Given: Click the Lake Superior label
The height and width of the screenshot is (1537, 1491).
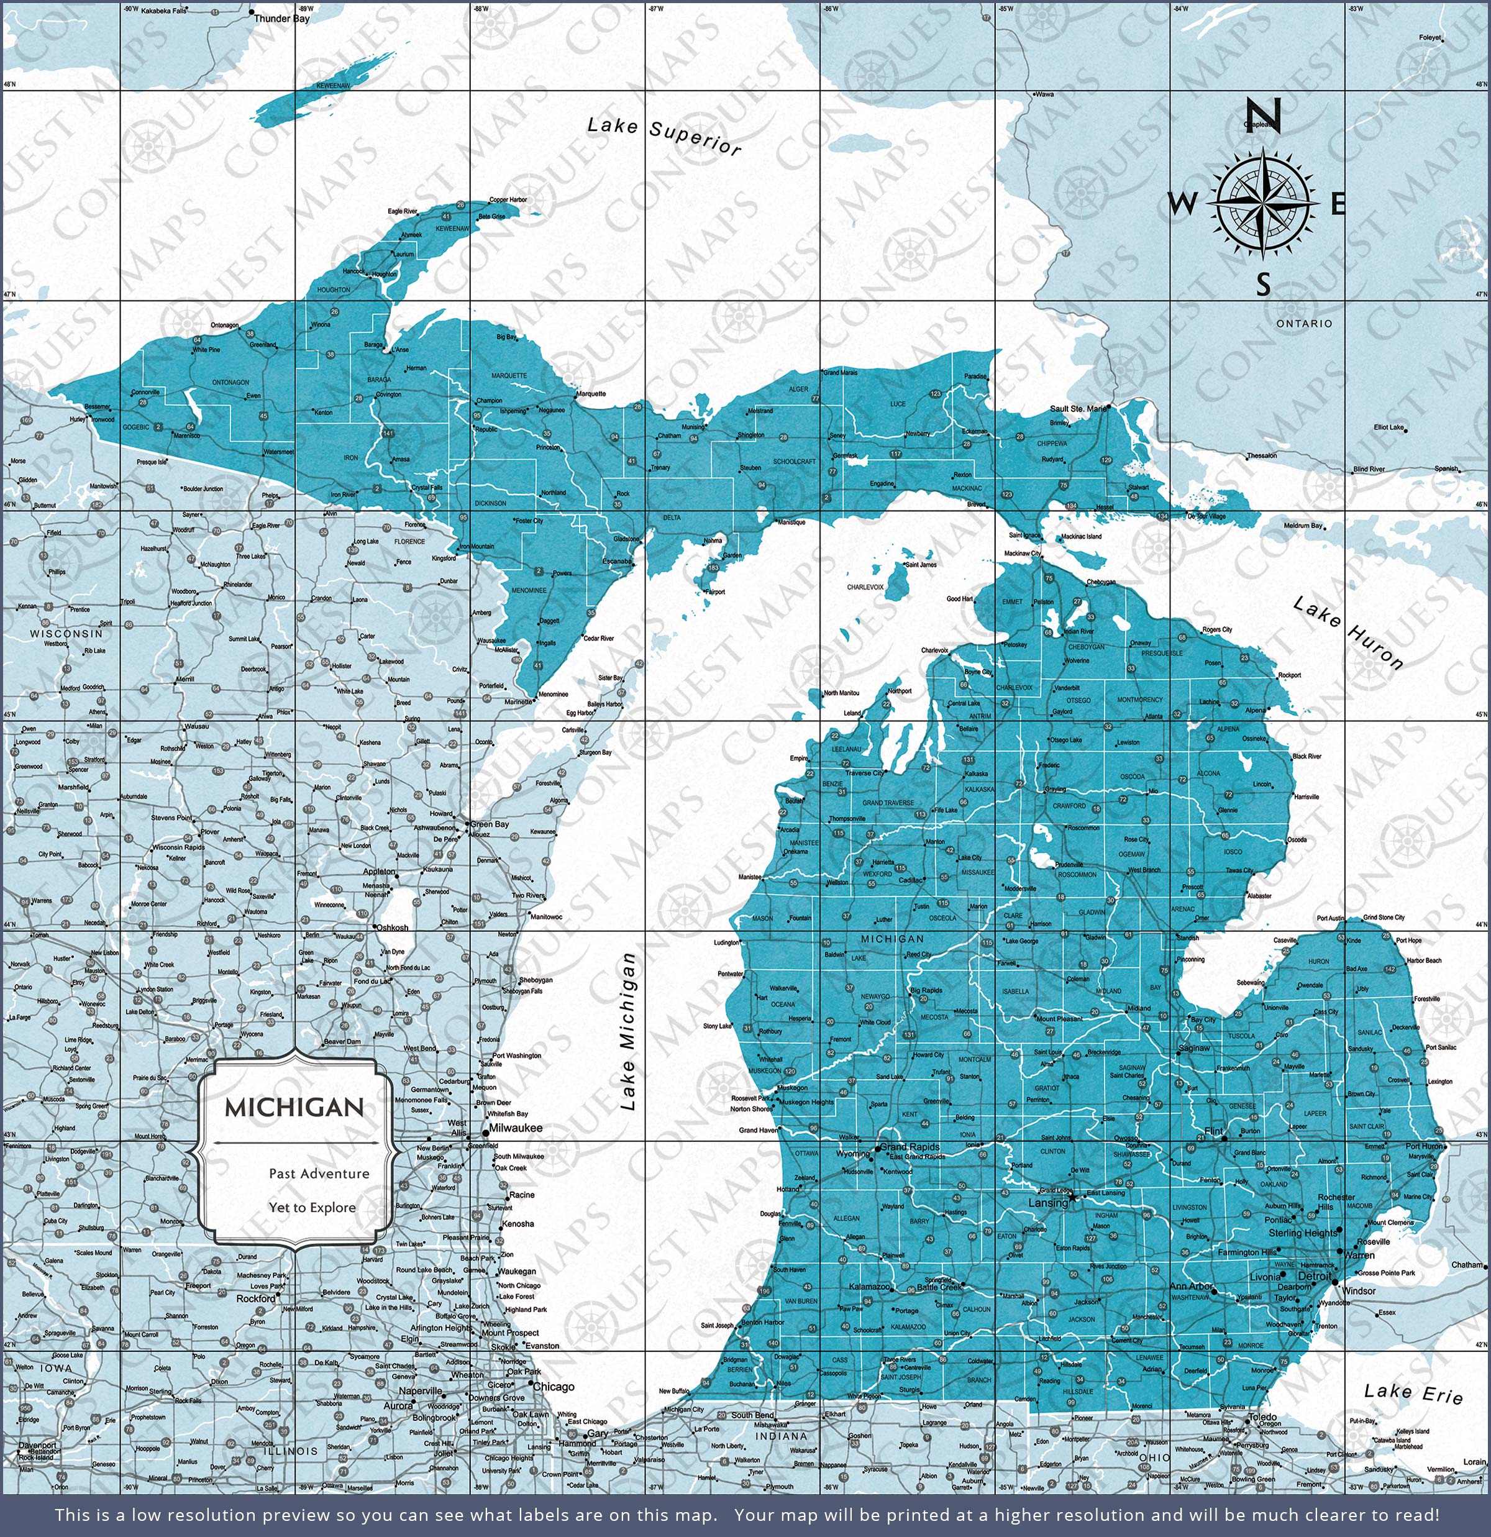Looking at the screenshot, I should pos(663,135).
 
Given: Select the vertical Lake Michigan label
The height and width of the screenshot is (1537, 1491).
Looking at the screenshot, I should pos(627,1031).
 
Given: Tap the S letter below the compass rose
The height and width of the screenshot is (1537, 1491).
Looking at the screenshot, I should pos(1263,285).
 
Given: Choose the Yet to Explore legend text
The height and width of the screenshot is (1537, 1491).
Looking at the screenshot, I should pos(312,1207).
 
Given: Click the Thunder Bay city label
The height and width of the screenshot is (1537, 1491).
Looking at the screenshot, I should pos(281,18).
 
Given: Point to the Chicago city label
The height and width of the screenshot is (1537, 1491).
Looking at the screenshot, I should pos(553,1387).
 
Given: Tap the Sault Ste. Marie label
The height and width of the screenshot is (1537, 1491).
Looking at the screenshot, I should pos(1078,409).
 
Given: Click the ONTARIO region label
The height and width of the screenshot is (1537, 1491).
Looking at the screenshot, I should pos(1303,323).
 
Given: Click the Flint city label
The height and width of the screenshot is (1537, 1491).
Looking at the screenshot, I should pos(1213,1131).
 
